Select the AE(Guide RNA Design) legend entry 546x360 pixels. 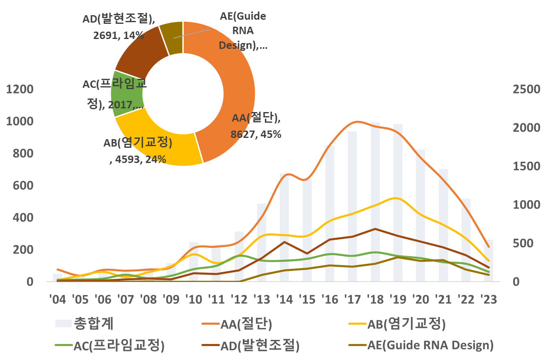coord(420,345)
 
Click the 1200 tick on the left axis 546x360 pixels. coord(19,89)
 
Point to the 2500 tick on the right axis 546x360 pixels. coord(526,89)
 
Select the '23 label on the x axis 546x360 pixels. coord(488,299)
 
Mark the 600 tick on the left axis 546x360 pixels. coord(23,186)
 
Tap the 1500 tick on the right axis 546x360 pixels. coord(526,167)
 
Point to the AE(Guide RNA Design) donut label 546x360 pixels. coord(243,31)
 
